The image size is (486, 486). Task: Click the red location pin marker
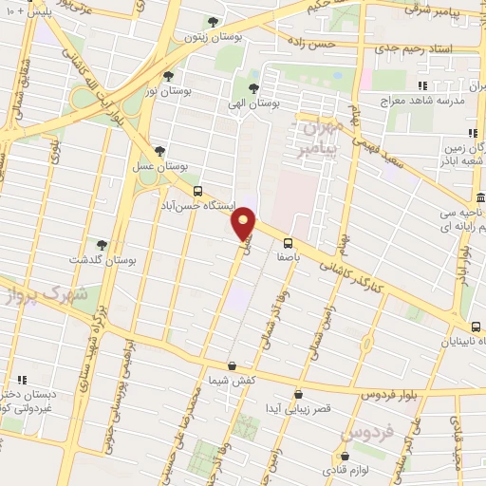coord(245,223)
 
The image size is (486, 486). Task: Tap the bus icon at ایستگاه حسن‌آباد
coord(196,190)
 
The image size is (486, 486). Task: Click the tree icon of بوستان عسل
coord(159,151)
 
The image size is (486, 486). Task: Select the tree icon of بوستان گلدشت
coord(102,244)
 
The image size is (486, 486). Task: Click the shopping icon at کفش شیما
coord(233,364)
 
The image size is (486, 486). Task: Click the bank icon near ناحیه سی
coord(481,199)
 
